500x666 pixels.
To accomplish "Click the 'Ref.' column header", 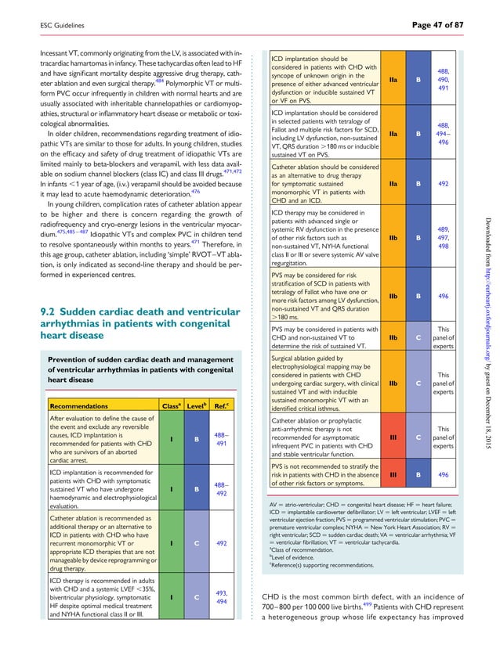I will coord(224,406).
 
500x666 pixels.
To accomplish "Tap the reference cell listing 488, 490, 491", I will coord(443,79).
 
